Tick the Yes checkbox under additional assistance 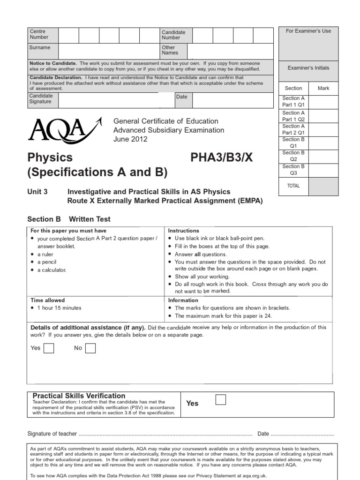[48, 348]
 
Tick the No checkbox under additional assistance [90, 348]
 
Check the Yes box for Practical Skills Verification [220, 399]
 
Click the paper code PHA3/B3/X [221, 157]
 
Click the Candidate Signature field [108, 100]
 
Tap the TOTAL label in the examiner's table [293, 186]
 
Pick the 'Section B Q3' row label [293, 169]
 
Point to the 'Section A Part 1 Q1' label [293, 101]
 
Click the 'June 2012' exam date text [130, 139]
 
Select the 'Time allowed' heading [48, 300]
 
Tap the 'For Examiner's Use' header [308, 31]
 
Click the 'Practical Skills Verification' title [79, 396]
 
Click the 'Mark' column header [323, 88]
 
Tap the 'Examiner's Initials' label [308, 68]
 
